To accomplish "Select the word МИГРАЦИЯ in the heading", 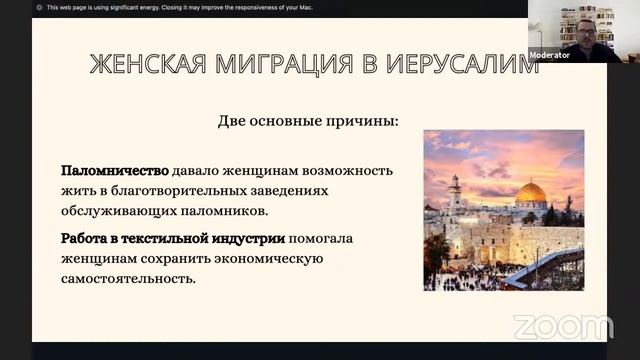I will click(x=275, y=65).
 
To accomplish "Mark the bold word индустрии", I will click(x=251, y=239).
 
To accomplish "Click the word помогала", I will click(x=326, y=239).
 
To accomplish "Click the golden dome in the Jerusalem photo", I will click(x=530, y=192).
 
